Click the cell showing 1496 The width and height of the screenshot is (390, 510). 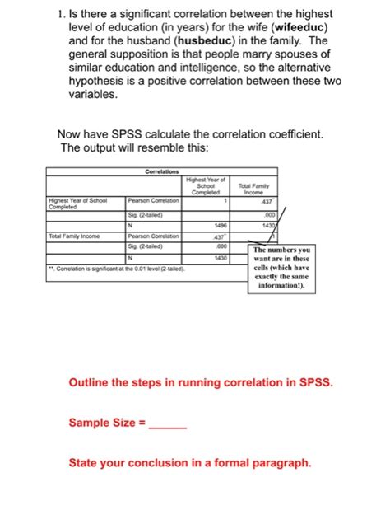[x=220, y=224]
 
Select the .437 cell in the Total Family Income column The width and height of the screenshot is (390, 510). [x=265, y=201]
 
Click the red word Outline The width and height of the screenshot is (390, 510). [x=91, y=383]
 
